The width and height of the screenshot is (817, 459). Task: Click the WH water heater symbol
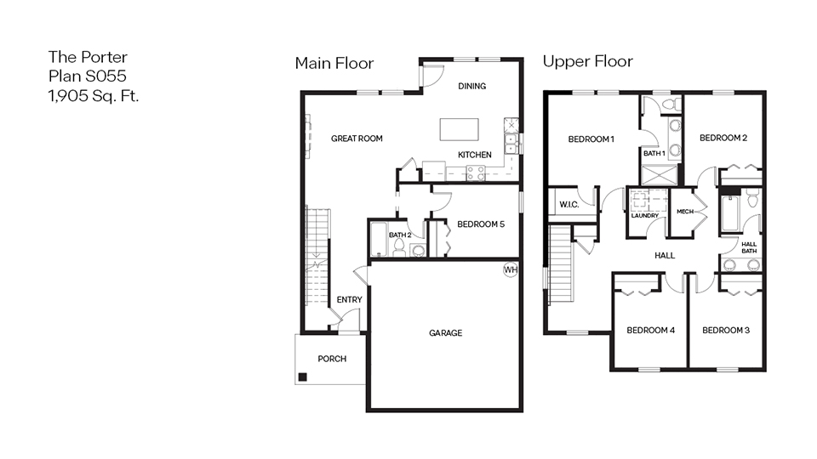click(511, 270)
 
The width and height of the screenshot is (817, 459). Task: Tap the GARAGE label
click(445, 333)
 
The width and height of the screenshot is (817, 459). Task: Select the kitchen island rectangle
click(459, 129)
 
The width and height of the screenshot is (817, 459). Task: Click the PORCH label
click(332, 359)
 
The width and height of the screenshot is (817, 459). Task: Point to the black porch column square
click(302, 377)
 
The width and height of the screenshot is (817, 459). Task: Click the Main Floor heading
click(334, 63)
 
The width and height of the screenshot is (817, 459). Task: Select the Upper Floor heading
click(587, 62)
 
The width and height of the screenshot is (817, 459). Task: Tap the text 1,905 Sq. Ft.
click(94, 96)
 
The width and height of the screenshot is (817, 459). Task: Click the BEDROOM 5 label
click(481, 224)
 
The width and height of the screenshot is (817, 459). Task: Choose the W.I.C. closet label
click(568, 205)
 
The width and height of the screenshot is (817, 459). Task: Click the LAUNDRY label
click(645, 216)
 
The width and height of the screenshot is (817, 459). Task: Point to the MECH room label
click(685, 212)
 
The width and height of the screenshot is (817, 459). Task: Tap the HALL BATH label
click(749, 247)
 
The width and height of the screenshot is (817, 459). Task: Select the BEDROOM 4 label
click(650, 330)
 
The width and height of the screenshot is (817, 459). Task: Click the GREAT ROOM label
click(357, 139)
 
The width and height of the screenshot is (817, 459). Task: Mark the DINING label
click(471, 86)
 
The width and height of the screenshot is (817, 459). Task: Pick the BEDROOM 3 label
click(725, 330)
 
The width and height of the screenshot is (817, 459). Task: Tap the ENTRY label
click(349, 299)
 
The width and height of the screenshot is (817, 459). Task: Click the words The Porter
click(88, 57)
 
